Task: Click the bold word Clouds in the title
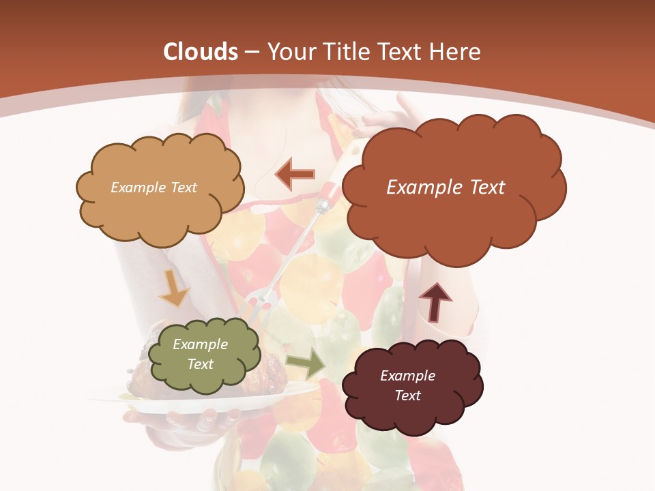pyautogui.click(x=199, y=52)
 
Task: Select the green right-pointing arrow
pyautogui.click(x=306, y=365)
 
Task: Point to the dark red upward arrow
pyautogui.click(x=435, y=302)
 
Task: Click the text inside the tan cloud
pyautogui.click(x=154, y=187)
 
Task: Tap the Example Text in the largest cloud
pyautogui.click(x=446, y=187)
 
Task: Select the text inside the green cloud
pyautogui.click(x=200, y=354)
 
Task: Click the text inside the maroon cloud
pyautogui.click(x=407, y=385)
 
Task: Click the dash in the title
pyautogui.click(x=251, y=53)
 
